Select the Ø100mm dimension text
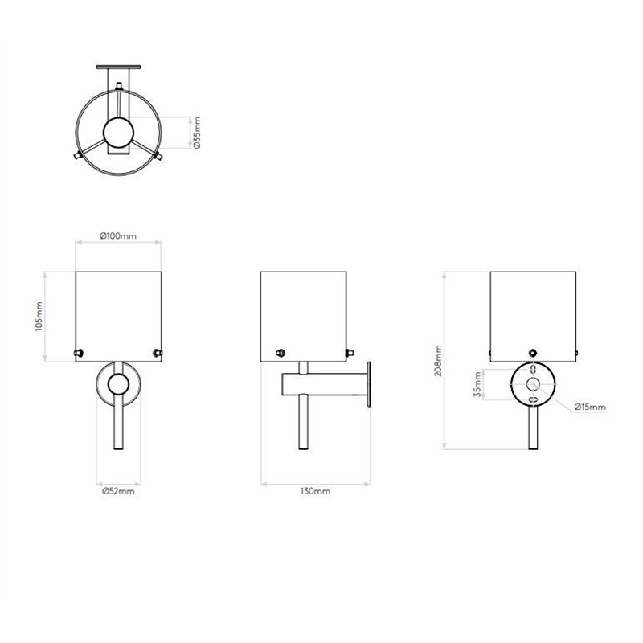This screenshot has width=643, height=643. point(118,235)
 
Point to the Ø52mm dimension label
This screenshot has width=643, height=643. point(118,491)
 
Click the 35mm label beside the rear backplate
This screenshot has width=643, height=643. point(477,385)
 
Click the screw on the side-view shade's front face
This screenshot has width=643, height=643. point(280,352)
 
